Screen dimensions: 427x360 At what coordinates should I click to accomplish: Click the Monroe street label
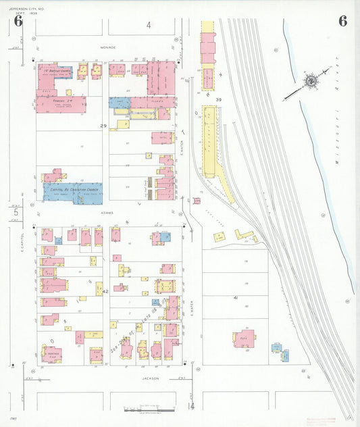point(109,48)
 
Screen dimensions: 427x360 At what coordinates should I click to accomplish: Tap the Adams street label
point(109,212)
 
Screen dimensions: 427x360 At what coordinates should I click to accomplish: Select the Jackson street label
point(151,378)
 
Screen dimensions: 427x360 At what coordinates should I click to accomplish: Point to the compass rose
point(311,82)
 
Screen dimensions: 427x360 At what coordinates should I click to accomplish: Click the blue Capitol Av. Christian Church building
point(72,193)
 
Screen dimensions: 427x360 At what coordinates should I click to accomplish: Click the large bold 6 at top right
point(343,21)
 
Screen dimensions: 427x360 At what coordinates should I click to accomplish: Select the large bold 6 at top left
point(18,21)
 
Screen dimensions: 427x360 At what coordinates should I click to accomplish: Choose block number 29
point(104,126)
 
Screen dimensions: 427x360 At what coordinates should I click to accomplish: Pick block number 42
point(105,291)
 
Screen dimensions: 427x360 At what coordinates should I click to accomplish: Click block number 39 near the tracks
point(218,99)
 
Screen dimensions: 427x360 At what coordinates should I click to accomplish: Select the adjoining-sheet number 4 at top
point(149,25)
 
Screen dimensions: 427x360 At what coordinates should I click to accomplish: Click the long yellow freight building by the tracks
point(216,153)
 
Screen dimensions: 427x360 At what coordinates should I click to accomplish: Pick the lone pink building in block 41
point(244,338)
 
